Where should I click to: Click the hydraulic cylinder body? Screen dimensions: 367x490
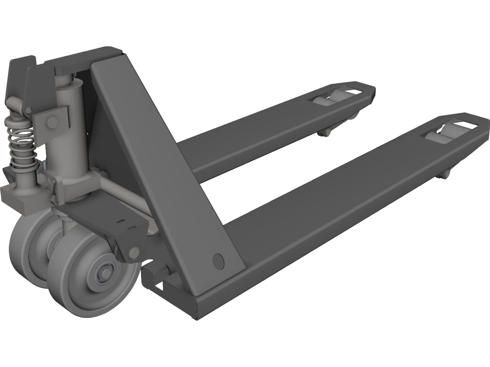[x=70, y=122]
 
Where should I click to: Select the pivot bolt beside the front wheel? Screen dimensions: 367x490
[x=134, y=252]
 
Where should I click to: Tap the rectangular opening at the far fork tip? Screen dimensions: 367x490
[x=355, y=91]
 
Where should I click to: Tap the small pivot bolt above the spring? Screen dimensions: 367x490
[x=30, y=110]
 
